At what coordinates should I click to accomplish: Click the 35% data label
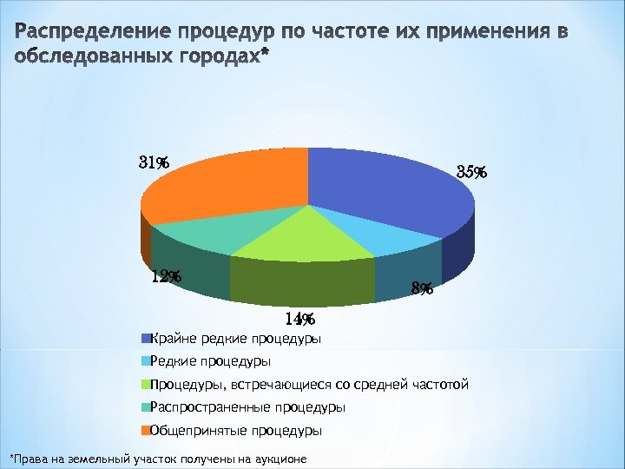coord(471,172)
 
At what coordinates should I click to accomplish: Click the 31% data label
coord(154,162)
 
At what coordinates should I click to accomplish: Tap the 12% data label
coord(166,277)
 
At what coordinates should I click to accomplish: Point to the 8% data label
coord(423,288)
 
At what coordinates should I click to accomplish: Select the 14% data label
coord(299,320)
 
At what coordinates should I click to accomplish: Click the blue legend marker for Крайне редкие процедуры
coord(146,338)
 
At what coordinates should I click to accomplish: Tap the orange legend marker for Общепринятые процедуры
coord(146,430)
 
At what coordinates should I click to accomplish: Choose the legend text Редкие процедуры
coord(210,361)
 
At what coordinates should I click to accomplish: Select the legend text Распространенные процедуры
coord(247,407)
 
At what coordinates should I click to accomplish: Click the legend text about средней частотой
coord(309,384)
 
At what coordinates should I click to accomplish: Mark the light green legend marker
coord(146,384)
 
